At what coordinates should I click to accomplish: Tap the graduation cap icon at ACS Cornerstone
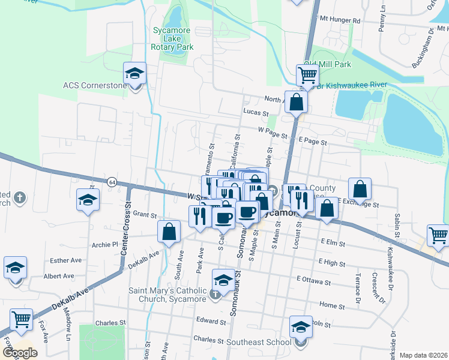135,74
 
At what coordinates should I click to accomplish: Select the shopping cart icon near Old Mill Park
307,76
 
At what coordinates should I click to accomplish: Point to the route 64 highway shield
112,181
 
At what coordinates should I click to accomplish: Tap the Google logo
20,353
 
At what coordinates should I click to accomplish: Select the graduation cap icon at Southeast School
301,328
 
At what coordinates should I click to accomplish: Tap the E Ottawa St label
313,281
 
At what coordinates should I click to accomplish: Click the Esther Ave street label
66,260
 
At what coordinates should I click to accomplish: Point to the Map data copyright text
424,355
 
